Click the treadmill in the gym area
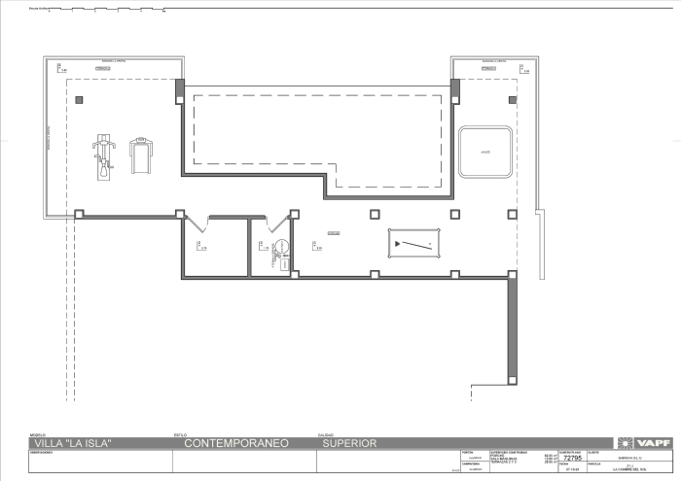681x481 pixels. [143, 154]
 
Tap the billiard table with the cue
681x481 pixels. [414, 243]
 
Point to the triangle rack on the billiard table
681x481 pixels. [398, 242]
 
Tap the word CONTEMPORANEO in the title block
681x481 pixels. [233, 444]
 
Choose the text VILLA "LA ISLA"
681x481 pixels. [72, 444]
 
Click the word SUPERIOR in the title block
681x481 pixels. [347, 444]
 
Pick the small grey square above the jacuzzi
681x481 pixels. [512, 99]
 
